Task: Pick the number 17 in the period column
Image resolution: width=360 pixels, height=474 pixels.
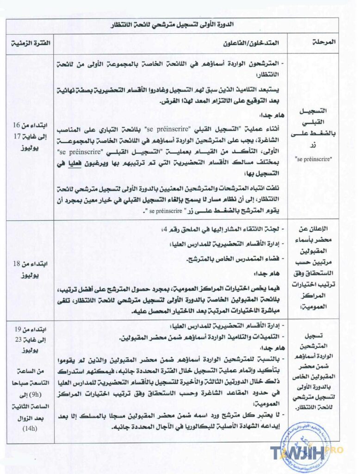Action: click(x=18, y=137)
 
